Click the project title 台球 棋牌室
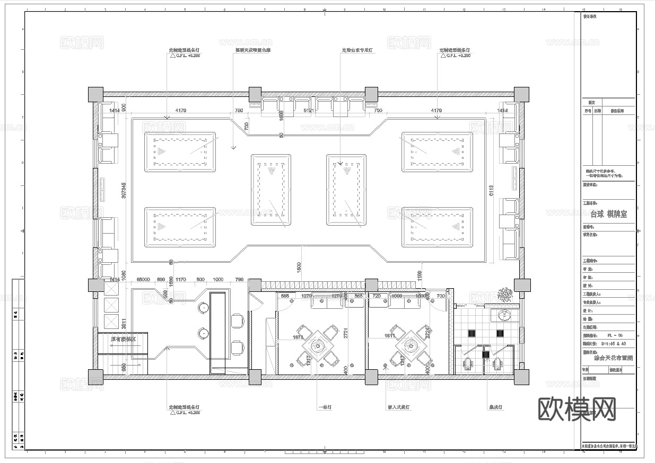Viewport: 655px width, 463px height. click(x=608, y=215)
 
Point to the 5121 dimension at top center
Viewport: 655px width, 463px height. click(x=308, y=111)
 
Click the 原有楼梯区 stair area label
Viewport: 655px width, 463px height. click(x=124, y=339)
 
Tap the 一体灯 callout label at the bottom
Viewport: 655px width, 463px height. click(x=325, y=407)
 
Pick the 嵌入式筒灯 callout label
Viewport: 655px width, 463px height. click(x=399, y=407)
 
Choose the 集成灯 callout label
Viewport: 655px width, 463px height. click(x=495, y=407)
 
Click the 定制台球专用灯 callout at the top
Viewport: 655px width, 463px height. click(x=357, y=51)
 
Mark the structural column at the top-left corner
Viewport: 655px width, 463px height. click(x=95, y=94)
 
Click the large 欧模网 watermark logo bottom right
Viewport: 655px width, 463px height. click(x=577, y=409)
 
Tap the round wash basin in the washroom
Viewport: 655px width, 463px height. click(x=504, y=316)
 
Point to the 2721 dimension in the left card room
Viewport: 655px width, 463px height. click(x=345, y=333)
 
